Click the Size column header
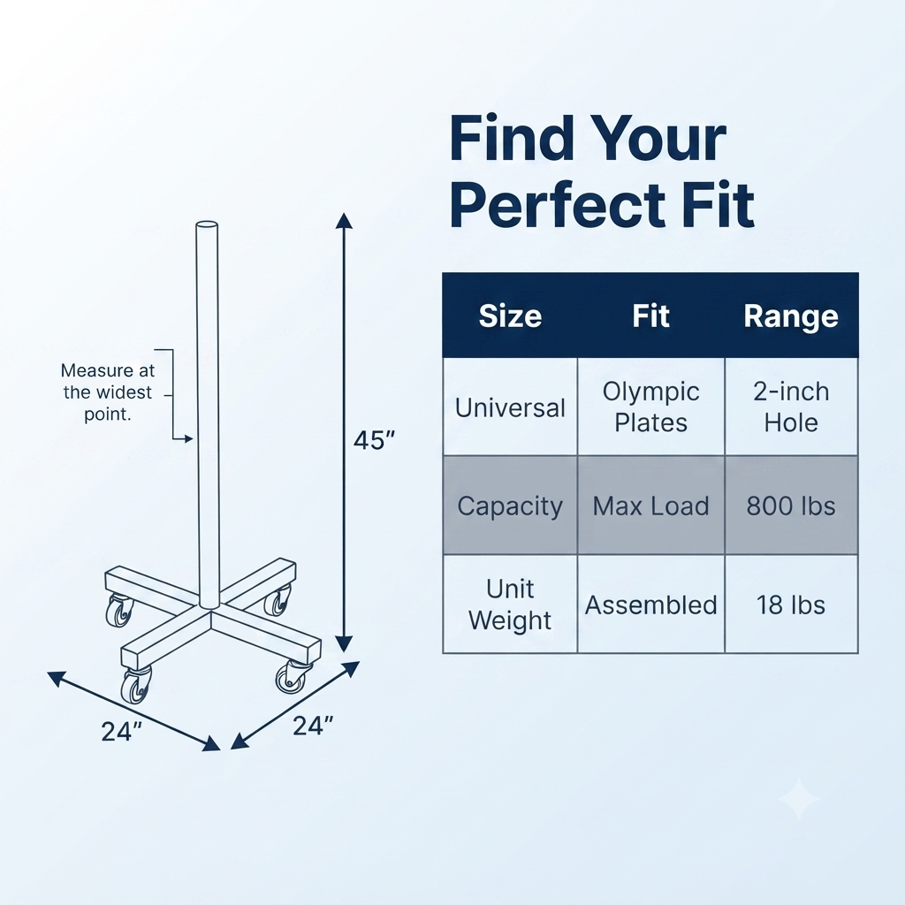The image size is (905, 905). pos(510,316)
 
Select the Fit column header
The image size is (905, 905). pos(650,316)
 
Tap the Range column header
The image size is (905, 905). pos(791,316)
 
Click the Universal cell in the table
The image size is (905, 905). pos(510,408)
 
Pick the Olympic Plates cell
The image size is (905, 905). pos(651,407)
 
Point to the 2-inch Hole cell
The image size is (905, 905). pos(791,407)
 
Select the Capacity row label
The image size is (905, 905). pos(510,506)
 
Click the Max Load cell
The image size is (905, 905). pos(651,506)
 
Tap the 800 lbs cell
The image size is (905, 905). pos(791,506)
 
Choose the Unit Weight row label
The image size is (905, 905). pos(510,605)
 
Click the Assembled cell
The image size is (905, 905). pos(651,605)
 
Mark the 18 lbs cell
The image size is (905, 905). pos(791,605)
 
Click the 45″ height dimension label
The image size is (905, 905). pos(374,440)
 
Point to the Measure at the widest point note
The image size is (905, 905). pos(108,392)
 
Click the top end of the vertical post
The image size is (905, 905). pos(207,225)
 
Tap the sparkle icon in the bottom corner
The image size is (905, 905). pos(799,799)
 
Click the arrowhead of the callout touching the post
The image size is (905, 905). pos(189,439)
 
